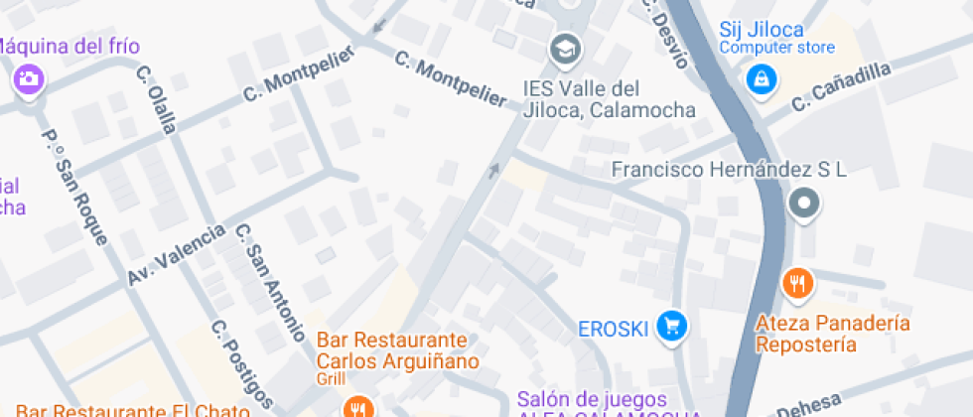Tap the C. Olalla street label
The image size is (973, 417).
157,99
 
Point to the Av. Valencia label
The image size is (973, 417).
177,256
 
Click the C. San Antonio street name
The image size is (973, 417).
269,283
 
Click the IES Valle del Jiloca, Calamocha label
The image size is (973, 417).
610,98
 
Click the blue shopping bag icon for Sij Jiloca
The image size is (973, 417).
761,77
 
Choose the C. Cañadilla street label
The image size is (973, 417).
841,86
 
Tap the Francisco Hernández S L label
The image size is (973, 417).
729,170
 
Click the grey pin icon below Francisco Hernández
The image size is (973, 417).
803,205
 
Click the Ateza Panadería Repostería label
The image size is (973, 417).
832,334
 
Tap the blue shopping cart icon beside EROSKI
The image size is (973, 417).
674,326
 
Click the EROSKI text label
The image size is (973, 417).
613,328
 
